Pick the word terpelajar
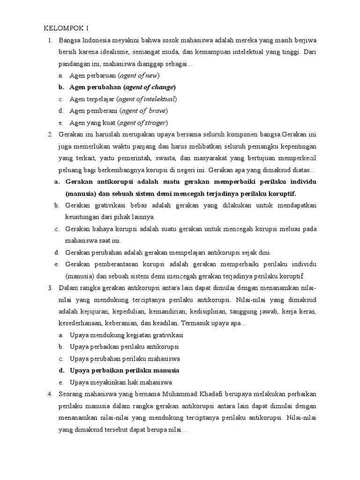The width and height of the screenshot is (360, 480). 98,99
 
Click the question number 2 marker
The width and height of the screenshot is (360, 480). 50,135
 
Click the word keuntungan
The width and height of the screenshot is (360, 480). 82,217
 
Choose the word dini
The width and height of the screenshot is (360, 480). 264,253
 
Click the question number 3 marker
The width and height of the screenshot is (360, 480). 50,287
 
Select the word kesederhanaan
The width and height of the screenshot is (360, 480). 86,323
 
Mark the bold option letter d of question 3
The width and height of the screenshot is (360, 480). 61,370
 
